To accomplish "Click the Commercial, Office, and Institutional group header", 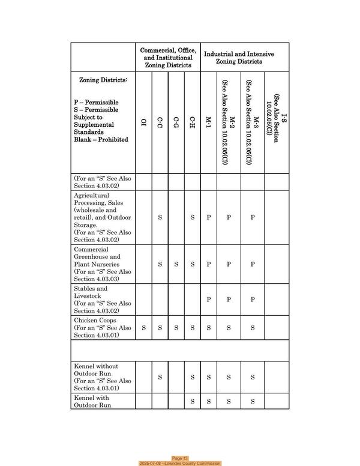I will pyautogui.click(x=168, y=58).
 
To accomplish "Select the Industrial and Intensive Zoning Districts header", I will pyautogui.click(x=239, y=58).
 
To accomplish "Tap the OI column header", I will pyautogui.click(x=143, y=124).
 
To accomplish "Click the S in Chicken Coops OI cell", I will pyautogui.click(x=143, y=328).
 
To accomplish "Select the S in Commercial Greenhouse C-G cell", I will pyautogui.click(x=176, y=264).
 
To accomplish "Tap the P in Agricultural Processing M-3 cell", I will pyautogui.click(x=253, y=217).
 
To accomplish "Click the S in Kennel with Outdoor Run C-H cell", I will pyautogui.click(x=192, y=401).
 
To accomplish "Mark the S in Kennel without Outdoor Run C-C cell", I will pyautogui.click(x=160, y=377).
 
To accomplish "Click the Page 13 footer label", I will pyautogui.click(x=181, y=458).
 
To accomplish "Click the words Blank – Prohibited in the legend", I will pyautogui.click(x=101, y=140).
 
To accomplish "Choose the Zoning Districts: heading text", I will pyautogui.click(x=103, y=80).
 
